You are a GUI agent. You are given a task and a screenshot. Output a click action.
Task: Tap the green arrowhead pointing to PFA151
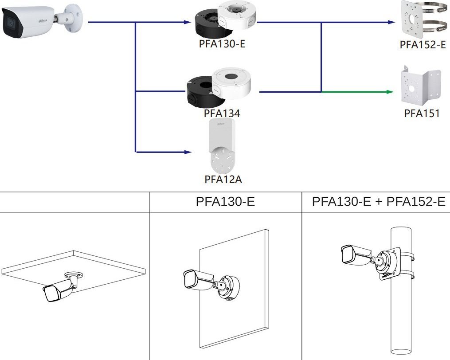(x=391, y=92)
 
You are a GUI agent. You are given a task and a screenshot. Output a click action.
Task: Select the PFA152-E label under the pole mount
(x=423, y=44)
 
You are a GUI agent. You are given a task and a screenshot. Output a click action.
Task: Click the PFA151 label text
(x=422, y=113)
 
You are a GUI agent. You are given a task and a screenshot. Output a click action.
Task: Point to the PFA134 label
(x=222, y=113)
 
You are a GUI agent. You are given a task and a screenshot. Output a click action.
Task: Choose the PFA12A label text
(x=223, y=179)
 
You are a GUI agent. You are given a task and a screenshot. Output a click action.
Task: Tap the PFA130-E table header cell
(x=225, y=202)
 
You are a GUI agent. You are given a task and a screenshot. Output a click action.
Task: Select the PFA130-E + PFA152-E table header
(x=378, y=202)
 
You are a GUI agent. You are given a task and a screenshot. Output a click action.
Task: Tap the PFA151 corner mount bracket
(x=421, y=86)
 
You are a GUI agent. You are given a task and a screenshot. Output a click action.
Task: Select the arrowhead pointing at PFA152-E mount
(x=391, y=22)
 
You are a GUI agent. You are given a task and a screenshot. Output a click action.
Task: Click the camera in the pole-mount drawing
(x=355, y=253)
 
